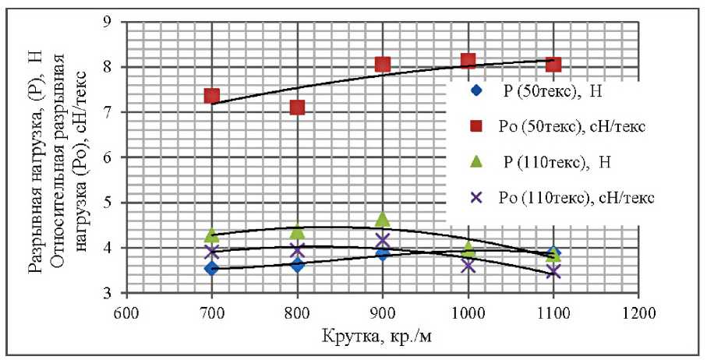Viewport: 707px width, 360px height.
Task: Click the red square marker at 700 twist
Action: point(212,97)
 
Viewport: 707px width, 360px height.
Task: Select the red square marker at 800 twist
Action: point(297,107)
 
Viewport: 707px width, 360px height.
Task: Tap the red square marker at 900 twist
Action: point(383,64)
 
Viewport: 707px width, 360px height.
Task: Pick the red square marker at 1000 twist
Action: point(468,60)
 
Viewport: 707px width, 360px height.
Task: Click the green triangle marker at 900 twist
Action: point(383,220)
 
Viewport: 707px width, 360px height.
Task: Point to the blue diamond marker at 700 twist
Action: point(212,268)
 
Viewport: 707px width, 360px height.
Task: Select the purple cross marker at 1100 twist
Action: point(553,271)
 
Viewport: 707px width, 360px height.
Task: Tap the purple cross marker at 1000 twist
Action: point(468,266)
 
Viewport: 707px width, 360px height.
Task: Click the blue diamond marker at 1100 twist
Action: point(553,253)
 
